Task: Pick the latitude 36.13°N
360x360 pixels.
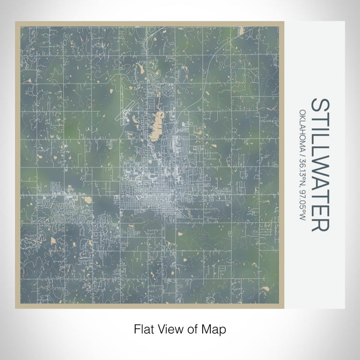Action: [302, 168]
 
